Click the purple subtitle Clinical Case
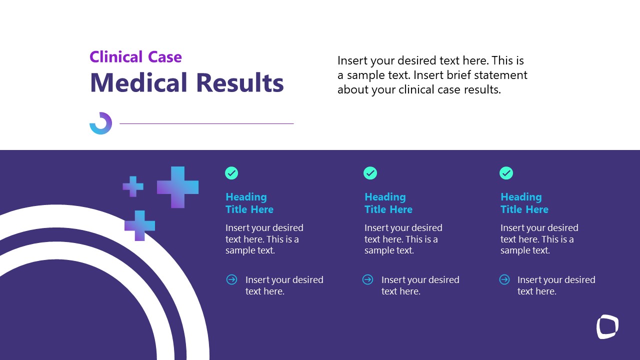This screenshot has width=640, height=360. click(x=135, y=57)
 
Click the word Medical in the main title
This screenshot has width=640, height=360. click(x=138, y=82)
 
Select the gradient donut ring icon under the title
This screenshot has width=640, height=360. click(x=100, y=123)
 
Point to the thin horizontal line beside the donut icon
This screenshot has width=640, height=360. click(x=206, y=123)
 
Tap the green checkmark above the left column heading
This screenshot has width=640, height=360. click(x=231, y=173)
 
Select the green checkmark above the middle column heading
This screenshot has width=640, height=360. click(x=370, y=173)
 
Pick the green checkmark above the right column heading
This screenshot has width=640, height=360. click(x=506, y=173)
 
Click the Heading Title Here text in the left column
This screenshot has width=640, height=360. click(x=249, y=203)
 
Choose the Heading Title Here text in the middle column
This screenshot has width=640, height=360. click(x=388, y=203)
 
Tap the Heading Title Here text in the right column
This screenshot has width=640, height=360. click(x=524, y=203)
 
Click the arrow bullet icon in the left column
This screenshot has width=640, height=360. click(x=231, y=279)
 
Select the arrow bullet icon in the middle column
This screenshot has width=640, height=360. click(x=367, y=279)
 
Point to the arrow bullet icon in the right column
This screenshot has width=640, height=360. click(x=504, y=279)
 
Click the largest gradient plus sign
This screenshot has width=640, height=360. click(x=177, y=187)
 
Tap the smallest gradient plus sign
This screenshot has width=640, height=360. click(x=133, y=186)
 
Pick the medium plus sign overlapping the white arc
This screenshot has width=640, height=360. click(x=139, y=225)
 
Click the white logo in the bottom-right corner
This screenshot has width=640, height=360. click(x=607, y=326)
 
